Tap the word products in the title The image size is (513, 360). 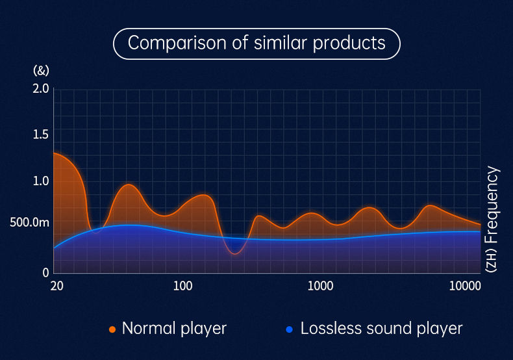349,44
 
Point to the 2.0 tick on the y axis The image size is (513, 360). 40,88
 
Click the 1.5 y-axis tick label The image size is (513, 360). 40,135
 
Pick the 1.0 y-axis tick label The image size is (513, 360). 40,181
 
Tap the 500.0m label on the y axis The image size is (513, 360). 29,222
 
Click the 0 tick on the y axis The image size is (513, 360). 45,273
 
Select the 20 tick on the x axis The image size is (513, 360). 56,286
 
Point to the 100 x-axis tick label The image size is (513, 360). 182,286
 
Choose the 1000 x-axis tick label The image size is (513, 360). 320,286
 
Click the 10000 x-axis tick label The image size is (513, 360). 465,286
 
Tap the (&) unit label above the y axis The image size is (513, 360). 41,70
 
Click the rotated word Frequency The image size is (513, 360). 492,205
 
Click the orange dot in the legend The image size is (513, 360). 112,329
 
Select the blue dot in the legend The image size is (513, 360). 289,329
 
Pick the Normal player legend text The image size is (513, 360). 174,329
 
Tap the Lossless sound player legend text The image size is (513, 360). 381,329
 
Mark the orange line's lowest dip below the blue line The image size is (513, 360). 234,254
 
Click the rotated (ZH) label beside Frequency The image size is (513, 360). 491,260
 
